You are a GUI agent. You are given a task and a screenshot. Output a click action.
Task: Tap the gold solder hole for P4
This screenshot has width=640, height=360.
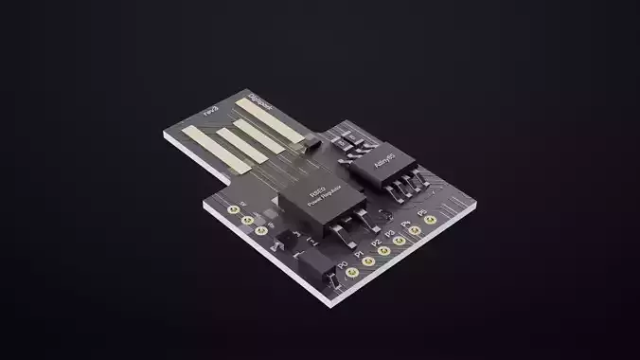tap(415, 230)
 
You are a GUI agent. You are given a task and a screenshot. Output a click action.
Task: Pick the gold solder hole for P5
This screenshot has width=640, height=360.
tap(430, 220)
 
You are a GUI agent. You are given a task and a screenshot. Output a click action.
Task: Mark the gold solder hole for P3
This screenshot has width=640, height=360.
tap(400, 241)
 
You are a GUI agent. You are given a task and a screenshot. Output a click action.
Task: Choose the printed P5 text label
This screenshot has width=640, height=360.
tap(422, 211)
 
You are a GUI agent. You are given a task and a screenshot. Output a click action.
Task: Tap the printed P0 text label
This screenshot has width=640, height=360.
tap(342, 264)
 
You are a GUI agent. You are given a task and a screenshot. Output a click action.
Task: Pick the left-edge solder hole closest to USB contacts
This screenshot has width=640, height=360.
tap(233, 209)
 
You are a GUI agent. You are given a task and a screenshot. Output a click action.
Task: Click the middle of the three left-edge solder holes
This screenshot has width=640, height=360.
tap(247, 219)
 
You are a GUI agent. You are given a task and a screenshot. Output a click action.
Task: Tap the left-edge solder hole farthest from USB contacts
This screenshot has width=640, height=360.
tap(261, 228)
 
